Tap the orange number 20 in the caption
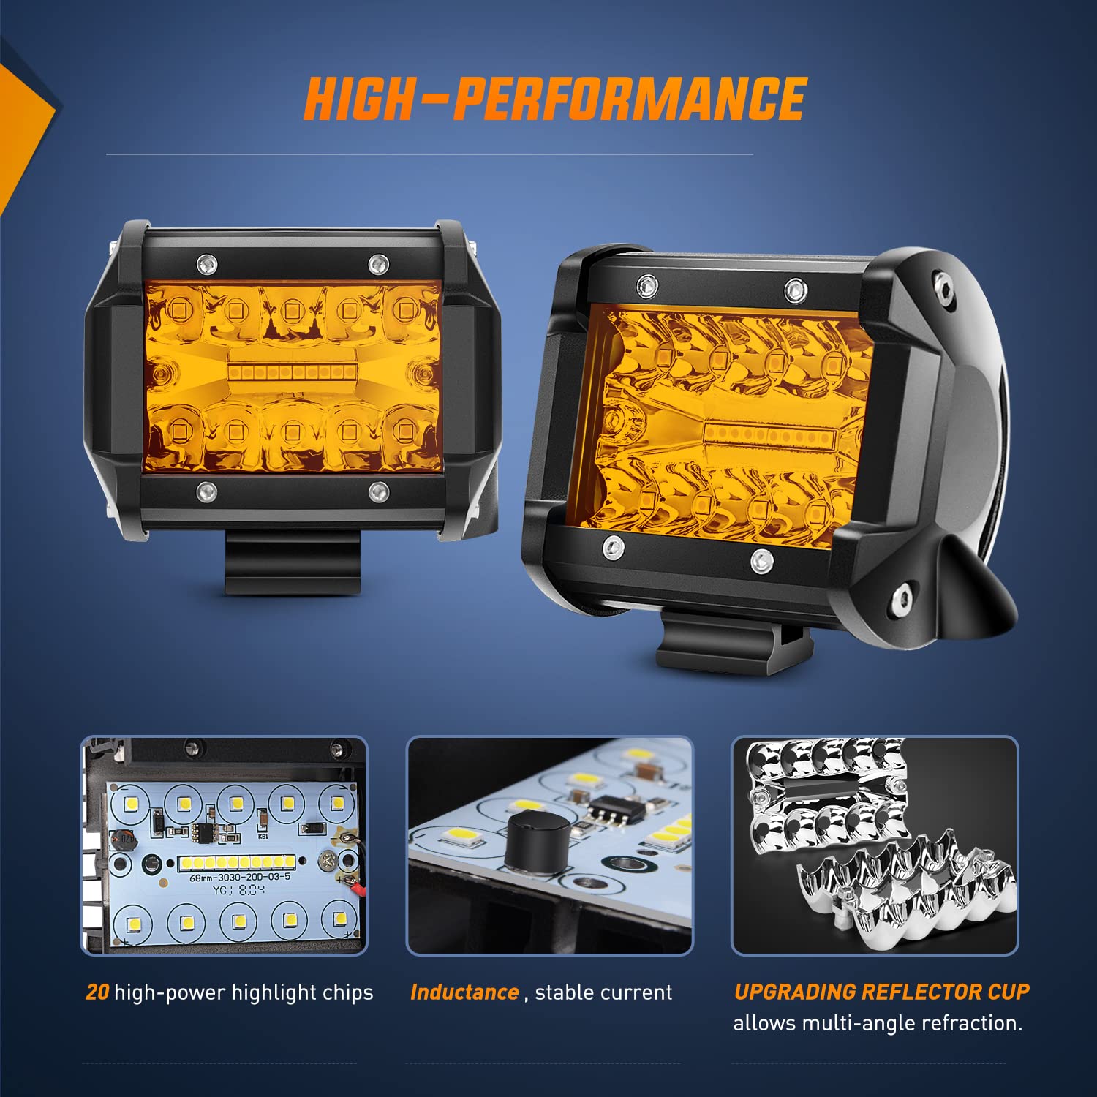[97, 992]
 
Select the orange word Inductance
[464, 992]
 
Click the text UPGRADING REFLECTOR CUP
[881, 992]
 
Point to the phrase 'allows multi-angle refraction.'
[878, 1023]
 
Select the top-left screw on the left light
[206, 261]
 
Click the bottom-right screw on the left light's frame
[378, 491]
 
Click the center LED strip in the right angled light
[769, 438]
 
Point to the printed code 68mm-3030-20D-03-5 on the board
[240, 877]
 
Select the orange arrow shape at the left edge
[22, 132]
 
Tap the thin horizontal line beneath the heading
[429, 154]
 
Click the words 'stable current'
[603, 992]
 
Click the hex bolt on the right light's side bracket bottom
[902, 601]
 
